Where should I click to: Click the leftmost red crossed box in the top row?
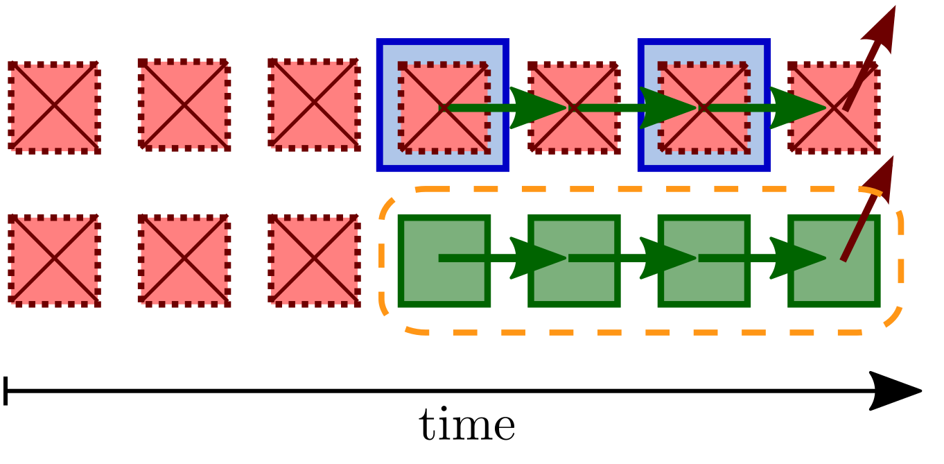click(x=53, y=107)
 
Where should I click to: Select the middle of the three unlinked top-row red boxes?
click(x=184, y=105)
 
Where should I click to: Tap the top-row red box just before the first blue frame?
click(x=314, y=104)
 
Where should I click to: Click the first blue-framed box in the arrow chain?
click(x=443, y=105)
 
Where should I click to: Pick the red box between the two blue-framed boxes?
click(x=574, y=108)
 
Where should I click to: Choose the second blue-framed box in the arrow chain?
click(x=704, y=105)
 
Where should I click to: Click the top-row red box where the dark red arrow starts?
click(x=834, y=108)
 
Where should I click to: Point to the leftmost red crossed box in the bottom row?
click(x=53, y=260)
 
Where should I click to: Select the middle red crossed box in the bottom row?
click(x=184, y=260)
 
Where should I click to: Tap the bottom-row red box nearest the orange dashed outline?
click(x=314, y=260)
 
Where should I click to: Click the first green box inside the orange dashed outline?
click(x=444, y=261)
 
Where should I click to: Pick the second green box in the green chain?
click(x=574, y=261)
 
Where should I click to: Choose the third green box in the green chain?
click(x=704, y=261)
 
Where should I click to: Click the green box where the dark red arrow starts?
click(x=834, y=261)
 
